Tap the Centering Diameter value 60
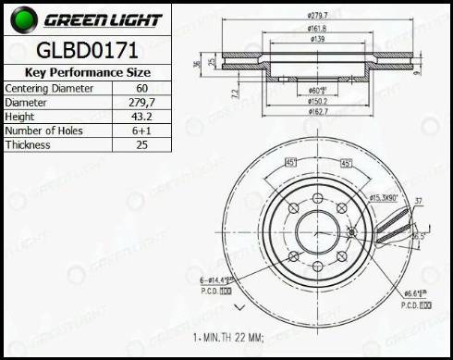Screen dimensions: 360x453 140,88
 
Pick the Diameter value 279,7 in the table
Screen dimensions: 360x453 140,102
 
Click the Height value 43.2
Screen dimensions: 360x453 140,117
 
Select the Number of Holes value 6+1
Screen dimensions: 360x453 140,130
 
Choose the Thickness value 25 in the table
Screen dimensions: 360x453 140,145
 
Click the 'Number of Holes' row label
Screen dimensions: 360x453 46,130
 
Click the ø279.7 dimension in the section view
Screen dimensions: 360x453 319,16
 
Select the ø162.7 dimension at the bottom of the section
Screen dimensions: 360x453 319,112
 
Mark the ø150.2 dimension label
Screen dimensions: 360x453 319,101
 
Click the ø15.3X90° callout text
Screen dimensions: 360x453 384,197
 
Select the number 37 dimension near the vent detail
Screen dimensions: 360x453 417,201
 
